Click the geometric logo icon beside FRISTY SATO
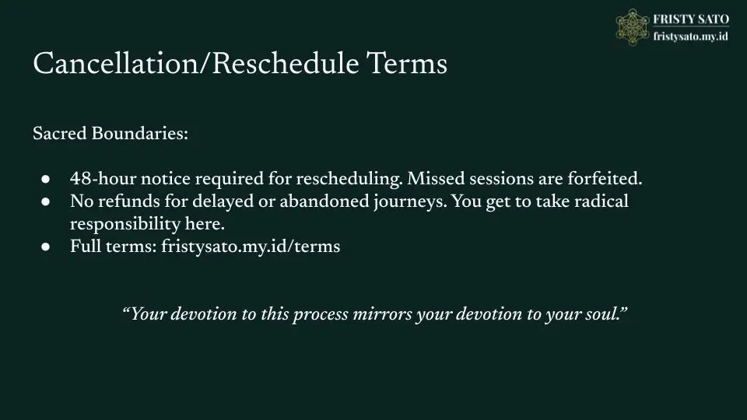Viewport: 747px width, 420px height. [x=632, y=27]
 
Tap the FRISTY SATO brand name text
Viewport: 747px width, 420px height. [x=691, y=19]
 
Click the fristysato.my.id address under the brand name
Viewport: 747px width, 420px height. [x=690, y=37]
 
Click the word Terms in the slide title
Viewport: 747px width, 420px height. [x=407, y=63]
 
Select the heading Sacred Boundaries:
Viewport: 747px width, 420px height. [x=110, y=133]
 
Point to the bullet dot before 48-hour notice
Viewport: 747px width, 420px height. [x=46, y=179]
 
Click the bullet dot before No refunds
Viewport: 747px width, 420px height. [x=46, y=201]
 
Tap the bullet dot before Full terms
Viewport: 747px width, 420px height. [x=46, y=247]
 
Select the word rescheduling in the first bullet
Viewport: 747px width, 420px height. [x=349, y=179]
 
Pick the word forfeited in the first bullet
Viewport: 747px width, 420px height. [x=604, y=179]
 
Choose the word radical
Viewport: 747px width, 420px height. [x=601, y=201]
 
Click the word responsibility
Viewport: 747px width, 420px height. [x=124, y=224]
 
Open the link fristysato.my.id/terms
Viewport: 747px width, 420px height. [x=251, y=247]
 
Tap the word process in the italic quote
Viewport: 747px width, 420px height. [x=320, y=315]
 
